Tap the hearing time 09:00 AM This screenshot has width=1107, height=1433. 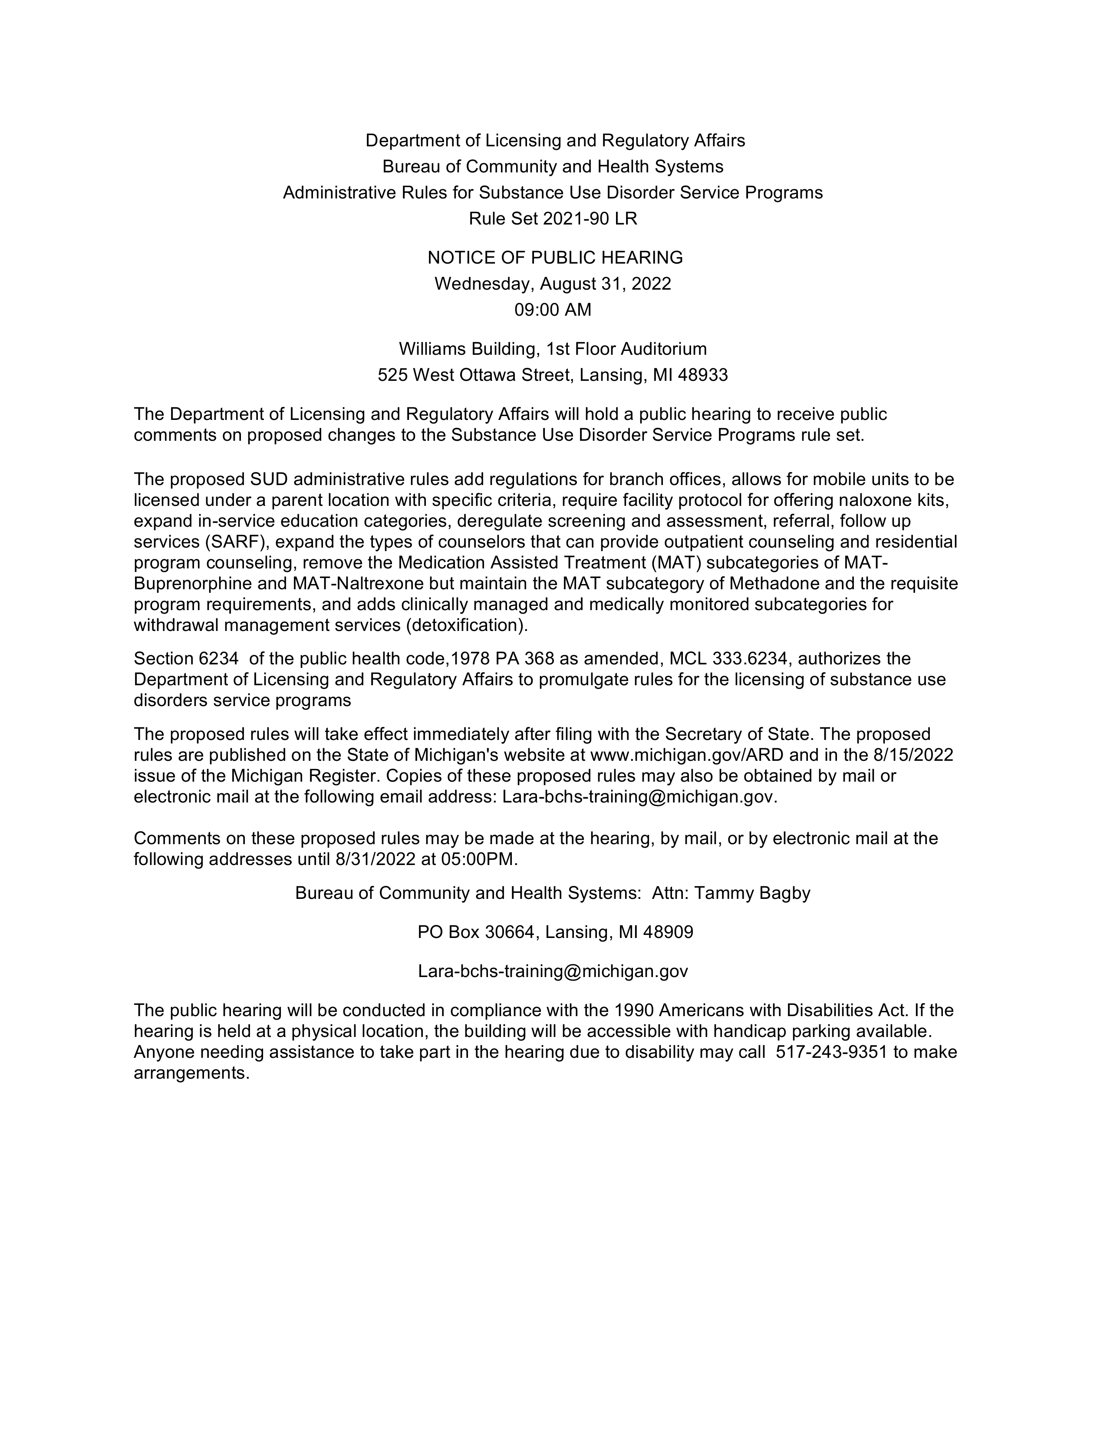coord(553,310)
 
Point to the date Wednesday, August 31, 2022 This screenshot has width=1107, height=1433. coord(553,284)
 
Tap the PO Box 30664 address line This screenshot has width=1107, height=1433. coord(555,932)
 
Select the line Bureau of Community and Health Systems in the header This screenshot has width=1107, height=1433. coord(553,167)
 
